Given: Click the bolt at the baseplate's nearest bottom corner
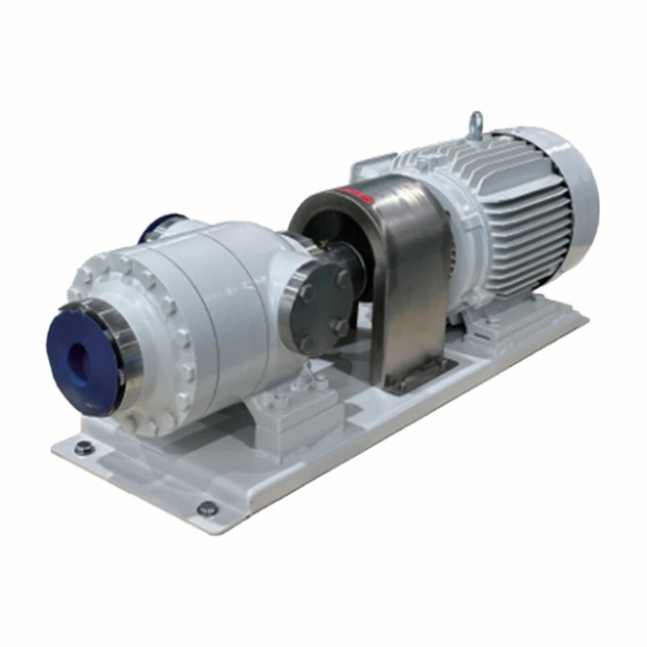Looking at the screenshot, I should (x=207, y=508).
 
